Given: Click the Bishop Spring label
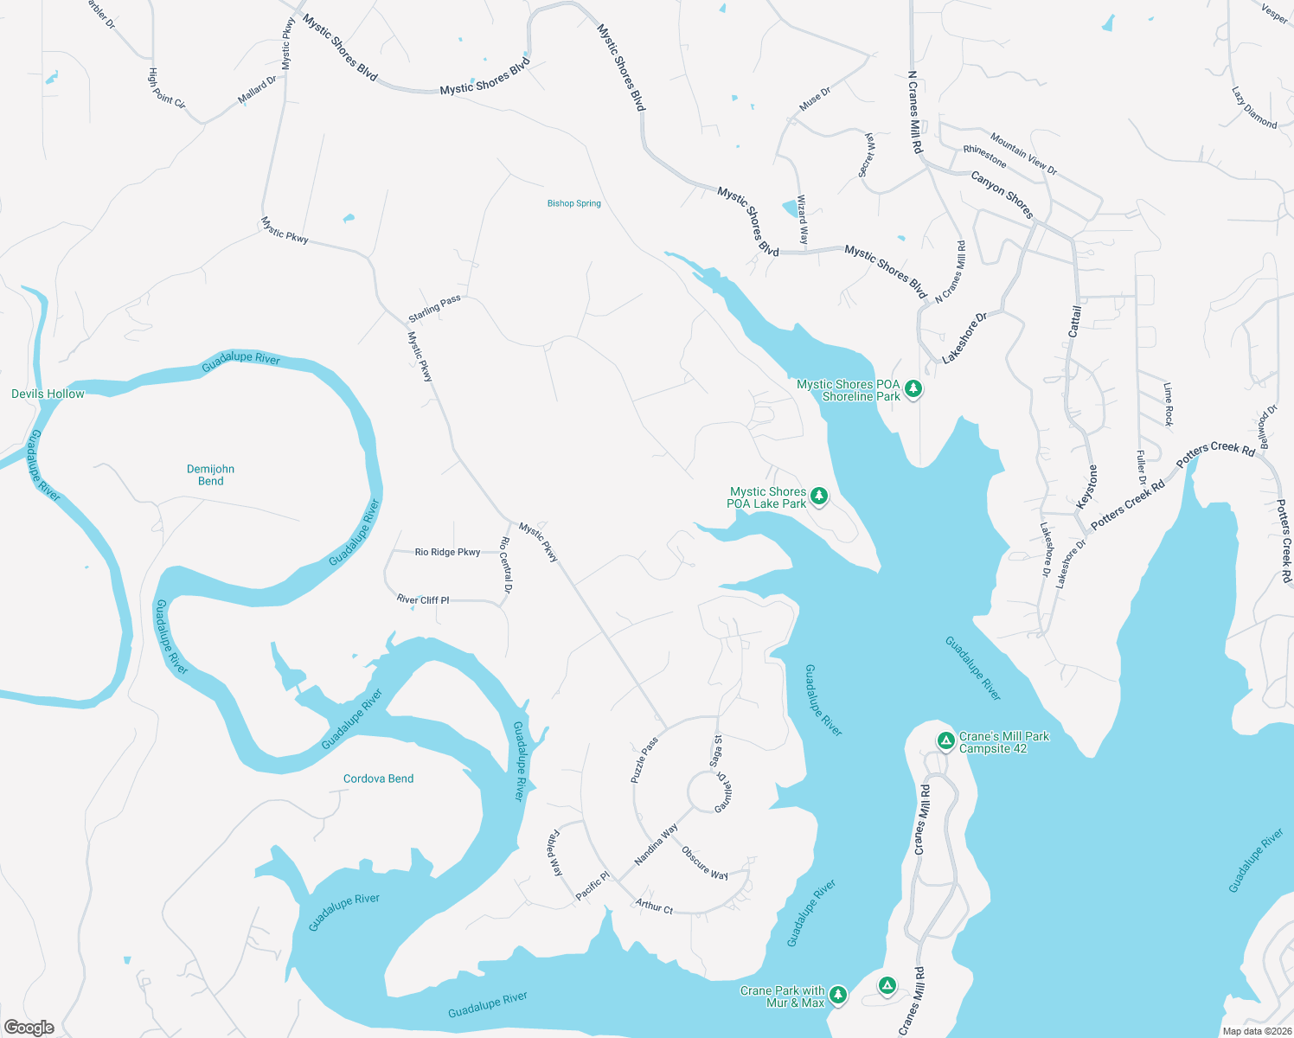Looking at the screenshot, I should click(x=573, y=203).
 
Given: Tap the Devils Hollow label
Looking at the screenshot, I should click(x=48, y=394).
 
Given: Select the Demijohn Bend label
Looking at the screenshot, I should click(x=210, y=475).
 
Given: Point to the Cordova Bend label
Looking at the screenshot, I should click(x=378, y=778).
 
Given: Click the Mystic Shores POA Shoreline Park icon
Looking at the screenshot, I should click(x=913, y=389).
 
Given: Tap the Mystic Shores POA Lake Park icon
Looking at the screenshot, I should click(x=818, y=497).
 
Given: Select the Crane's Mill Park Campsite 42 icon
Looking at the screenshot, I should click(x=946, y=741).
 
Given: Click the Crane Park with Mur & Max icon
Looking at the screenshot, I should click(x=837, y=996).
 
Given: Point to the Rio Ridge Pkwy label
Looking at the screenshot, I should click(x=447, y=552).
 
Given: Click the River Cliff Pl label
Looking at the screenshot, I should click(x=423, y=599).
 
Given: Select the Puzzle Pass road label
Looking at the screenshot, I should click(x=644, y=760).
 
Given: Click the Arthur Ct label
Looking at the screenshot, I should click(x=654, y=907).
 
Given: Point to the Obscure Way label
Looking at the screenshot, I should click(x=704, y=863).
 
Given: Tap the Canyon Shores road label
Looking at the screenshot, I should click(x=1002, y=194).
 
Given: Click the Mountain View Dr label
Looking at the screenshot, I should click(x=1023, y=154).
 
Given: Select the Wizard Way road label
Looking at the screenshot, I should click(x=803, y=219).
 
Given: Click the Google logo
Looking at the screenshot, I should click(x=29, y=1028).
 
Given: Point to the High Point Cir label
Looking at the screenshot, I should click(x=166, y=88).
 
